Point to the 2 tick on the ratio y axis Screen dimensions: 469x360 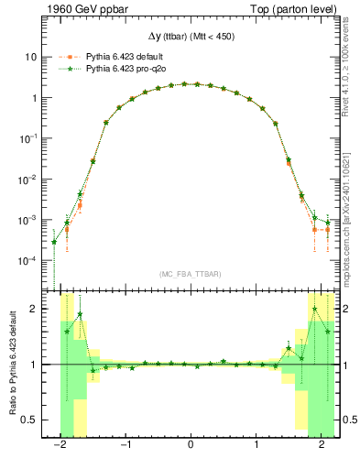pos(38,309)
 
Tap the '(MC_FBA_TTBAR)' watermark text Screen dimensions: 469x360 pos(190,274)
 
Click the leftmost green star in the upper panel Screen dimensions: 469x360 pos(54,243)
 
